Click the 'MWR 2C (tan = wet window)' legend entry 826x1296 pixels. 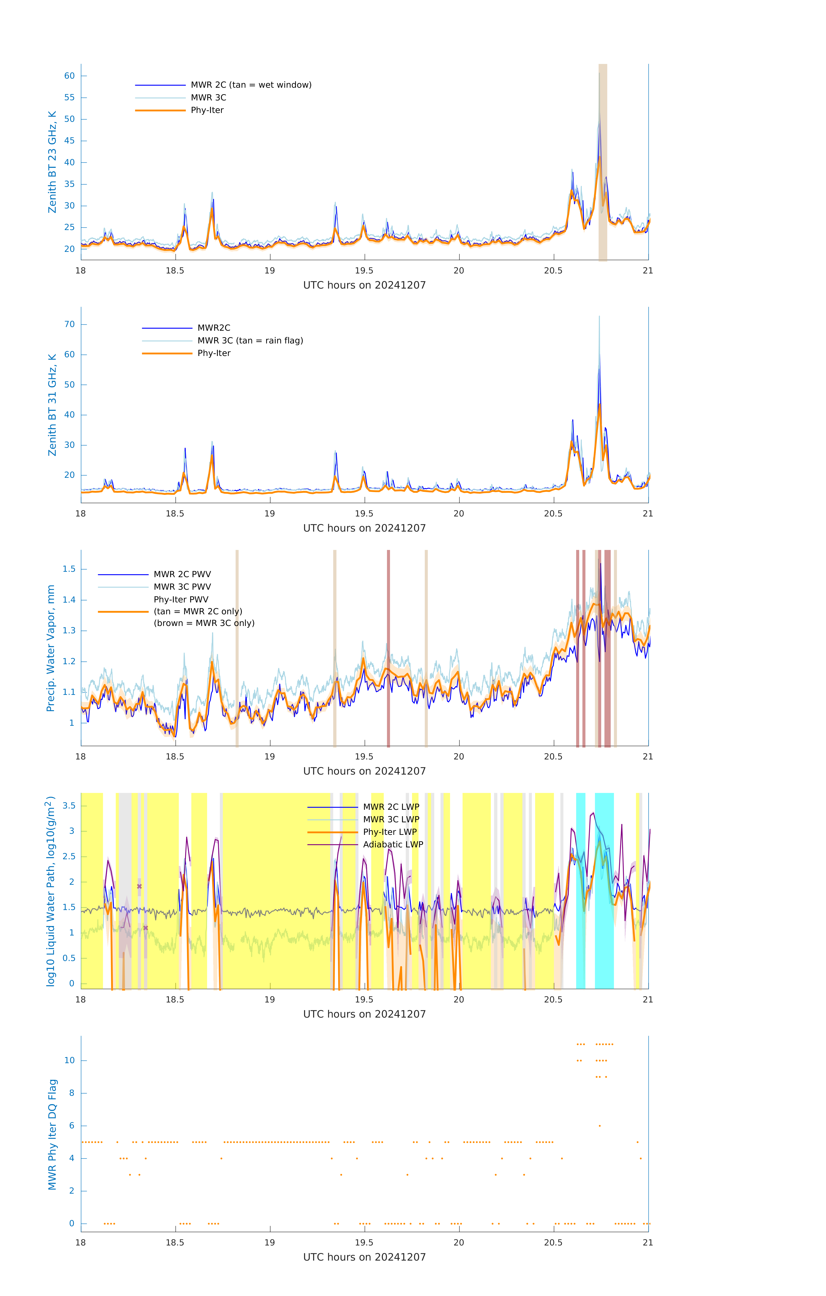pos(251,85)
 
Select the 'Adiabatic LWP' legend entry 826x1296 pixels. pos(393,844)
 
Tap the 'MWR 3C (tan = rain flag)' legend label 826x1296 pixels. pos(250,341)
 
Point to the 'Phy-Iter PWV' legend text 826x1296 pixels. pos(181,600)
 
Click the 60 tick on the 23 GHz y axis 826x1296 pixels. pos(69,76)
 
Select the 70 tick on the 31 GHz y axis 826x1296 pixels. pos(69,324)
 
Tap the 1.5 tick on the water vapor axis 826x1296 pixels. pos(69,569)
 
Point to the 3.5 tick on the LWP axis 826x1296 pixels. pos(69,806)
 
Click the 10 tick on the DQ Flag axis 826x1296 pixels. pos(69,1061)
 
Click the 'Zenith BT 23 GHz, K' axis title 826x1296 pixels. pos(52,162)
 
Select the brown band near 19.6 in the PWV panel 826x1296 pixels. pos(388,648)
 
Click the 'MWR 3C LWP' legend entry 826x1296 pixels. pos(391,819)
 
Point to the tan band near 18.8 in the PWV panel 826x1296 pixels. pos(237,648)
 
